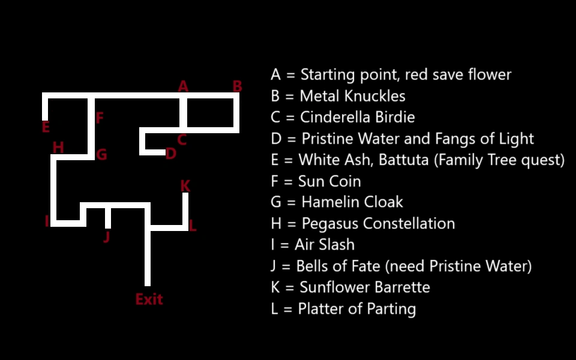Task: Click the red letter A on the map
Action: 183,86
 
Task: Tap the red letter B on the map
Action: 237,86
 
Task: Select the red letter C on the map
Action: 182,140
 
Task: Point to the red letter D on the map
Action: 171,154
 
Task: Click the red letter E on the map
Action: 46,127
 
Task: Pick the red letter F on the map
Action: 100,118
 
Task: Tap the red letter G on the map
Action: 101,155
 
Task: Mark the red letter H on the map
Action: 58,148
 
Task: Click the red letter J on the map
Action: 107,237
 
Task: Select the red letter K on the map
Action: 185,185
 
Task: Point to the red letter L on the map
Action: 192,226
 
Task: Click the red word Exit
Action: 149,299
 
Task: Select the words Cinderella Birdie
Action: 357,117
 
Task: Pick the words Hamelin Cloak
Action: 352,202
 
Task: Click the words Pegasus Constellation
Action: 378,224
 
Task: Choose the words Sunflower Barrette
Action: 365,287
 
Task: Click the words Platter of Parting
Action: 358,309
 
